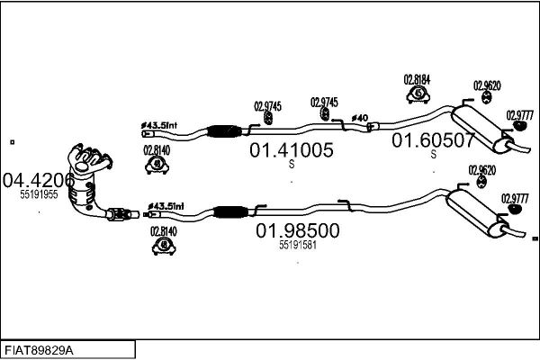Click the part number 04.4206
tap(39, 180)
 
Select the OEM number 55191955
tap(39, 194)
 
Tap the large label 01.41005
tap(292, 150)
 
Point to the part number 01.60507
tap(433, 140)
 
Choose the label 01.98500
tap(298, 230)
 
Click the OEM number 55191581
tap(298, 245)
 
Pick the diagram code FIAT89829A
tap(39, 351)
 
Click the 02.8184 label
tap(417, 80)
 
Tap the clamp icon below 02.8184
tap(418, 94)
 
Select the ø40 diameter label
tap(359, 118)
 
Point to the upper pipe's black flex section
tap(223, 130)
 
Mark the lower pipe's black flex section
tap(230, 211)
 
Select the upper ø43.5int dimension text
tap(159, 125)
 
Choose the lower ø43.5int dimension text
tap(166, 206)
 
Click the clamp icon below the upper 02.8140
tap(157, 166)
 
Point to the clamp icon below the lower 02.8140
tap(164, 246)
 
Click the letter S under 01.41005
tap(292, 165)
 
